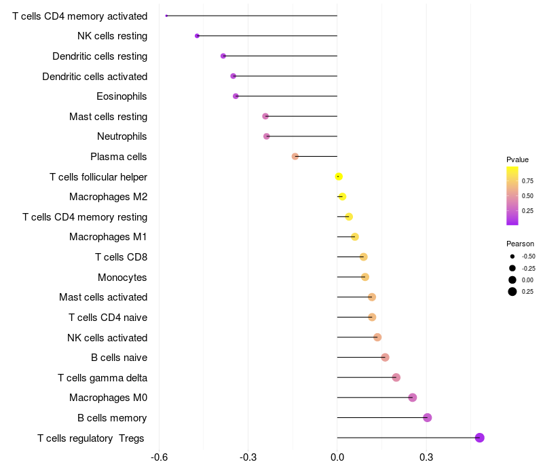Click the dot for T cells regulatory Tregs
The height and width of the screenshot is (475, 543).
(x=479, y=438)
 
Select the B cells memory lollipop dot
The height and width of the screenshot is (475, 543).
(x=427, y=417)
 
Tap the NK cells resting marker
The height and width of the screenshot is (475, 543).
(x=197, y=36)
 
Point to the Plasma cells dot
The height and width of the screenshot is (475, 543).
(x=295, y=157)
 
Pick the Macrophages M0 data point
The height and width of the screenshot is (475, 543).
(x=412, y=398)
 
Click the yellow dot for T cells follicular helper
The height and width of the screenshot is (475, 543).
(x=339, y=177)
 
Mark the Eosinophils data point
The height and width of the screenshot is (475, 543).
(x=236, y=96)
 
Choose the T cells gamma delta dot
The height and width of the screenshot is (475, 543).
(x=396, y=377)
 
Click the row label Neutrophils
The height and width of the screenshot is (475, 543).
(x=121, y=136)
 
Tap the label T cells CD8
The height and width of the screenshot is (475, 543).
(x=121, y=256)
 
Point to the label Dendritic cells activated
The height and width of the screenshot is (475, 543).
(x=94, y=76)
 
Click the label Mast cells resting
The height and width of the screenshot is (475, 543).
(x=108, y=117)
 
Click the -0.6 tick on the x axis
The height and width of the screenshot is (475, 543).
(x=159, y=457)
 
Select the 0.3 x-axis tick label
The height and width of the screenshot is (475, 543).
(x=426, y=457)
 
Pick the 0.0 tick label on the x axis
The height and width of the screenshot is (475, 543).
(x=337, y=457)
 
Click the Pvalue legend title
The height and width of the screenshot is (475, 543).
(x=517, y=159)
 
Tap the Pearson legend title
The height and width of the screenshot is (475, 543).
(x=520, y=244)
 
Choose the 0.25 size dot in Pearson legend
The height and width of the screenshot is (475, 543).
(x=512, y=292)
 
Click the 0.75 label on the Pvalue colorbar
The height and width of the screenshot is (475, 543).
(x=527, y=181)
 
